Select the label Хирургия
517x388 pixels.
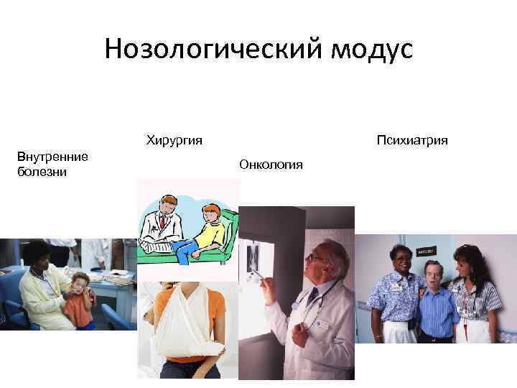[x=174, y=139]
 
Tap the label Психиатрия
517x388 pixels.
[x=411, y=139]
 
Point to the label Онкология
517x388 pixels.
[x=271, y=165]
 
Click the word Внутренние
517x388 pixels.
[x=52, y=157]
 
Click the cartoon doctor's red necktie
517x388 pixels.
[x=163, y=222]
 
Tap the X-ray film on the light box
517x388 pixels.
[x=254, y=258]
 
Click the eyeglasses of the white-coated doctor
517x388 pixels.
[x=316, y=257]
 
